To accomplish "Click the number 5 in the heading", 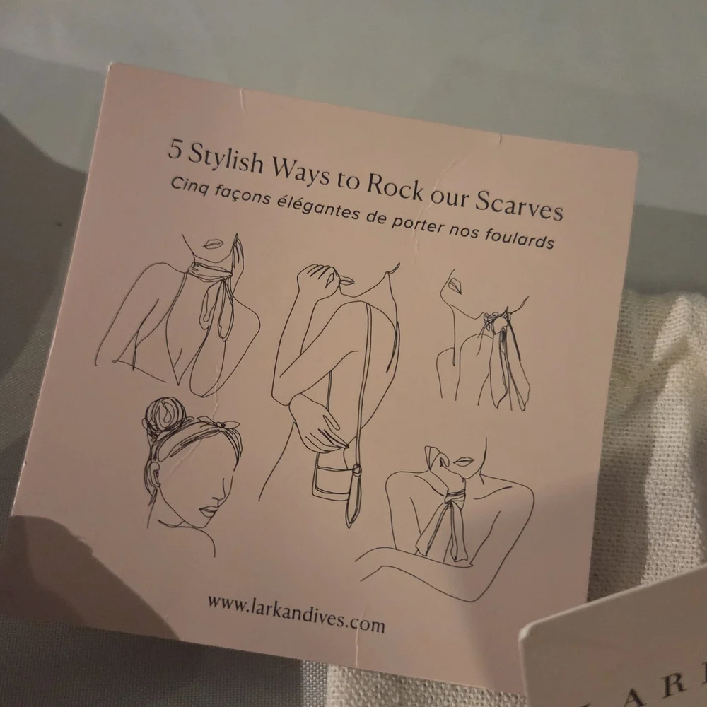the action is click(175, 150).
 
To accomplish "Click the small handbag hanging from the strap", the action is click(332, 481).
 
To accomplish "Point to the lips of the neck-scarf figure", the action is click(213, 244).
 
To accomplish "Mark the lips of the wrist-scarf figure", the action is click(464, 462).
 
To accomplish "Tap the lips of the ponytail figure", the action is click(454, 285).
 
